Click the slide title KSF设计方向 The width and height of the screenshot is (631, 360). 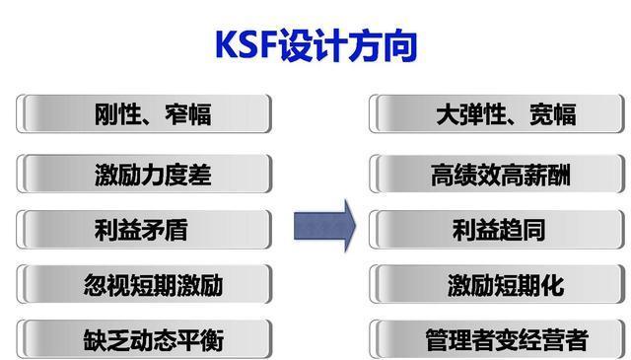coord(315,45)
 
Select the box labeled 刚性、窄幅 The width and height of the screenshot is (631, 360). coord(145,114)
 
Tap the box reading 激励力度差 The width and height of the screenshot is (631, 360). coord(145,175)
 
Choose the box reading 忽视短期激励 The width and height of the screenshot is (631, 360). coord(145,285)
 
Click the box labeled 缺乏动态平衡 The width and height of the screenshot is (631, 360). coord(145,341)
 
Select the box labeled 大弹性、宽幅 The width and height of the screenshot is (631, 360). coord(499,114)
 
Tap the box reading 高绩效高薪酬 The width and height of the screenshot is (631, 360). coord(499,175)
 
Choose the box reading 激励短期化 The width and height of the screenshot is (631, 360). coord(499,285)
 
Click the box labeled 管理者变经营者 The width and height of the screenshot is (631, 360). coord(499,341)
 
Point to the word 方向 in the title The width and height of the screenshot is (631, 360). coord(385,45)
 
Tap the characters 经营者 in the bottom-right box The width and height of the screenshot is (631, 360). coord(553,341)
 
